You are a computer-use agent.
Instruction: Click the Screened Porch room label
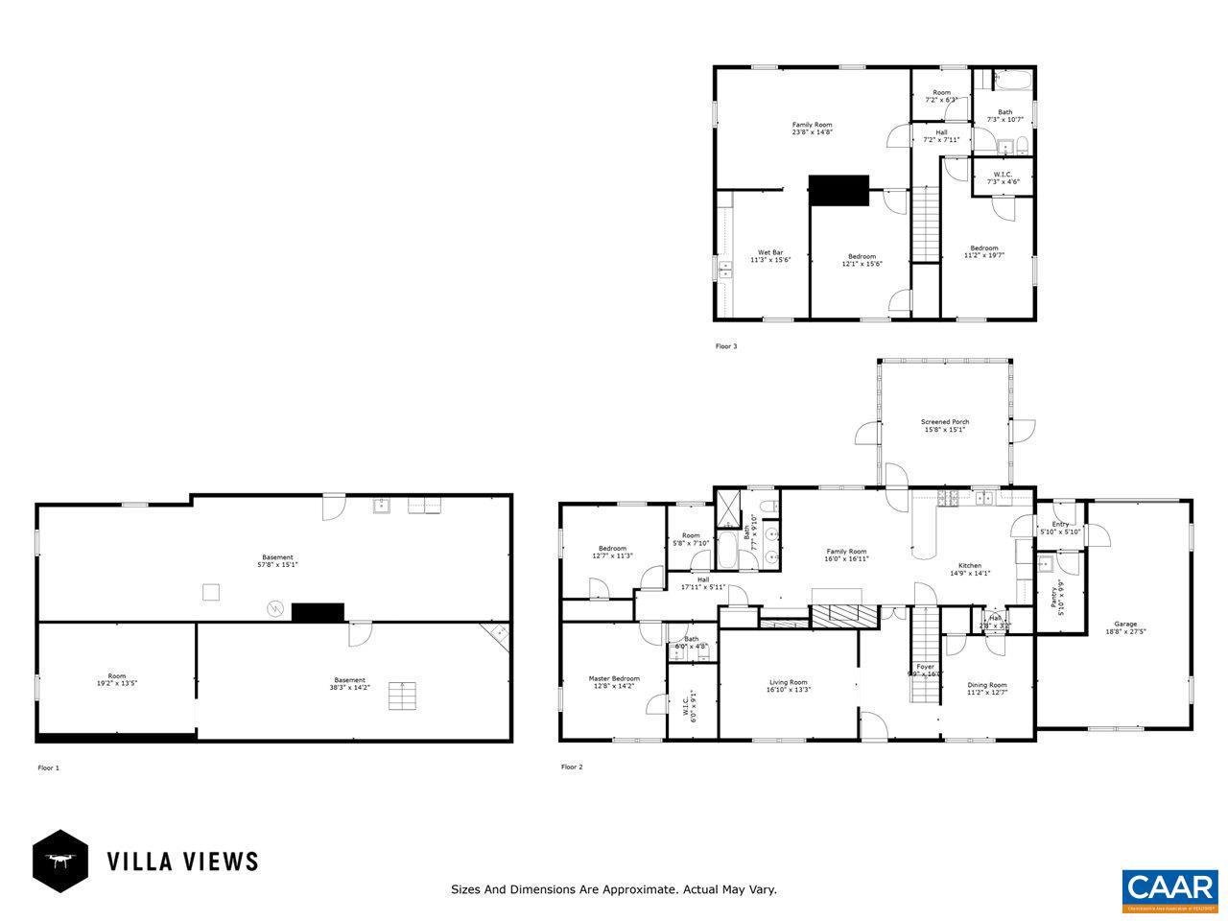(x=945, y=422)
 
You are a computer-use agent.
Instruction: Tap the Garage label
(x=1125, y=624)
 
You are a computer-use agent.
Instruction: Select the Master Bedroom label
(x=613, y=678)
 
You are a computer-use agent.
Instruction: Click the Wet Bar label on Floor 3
(x=770, y=252)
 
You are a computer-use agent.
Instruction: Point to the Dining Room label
(x=986, y=684)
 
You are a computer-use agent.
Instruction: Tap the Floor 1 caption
(x=48, y=767)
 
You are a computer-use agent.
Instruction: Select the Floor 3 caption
(x=726, y=346)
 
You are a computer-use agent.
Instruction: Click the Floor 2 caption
(x=572, y=767)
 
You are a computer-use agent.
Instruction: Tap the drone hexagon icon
(x=60, y=861)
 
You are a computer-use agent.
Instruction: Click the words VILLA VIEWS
(x=182, y=861)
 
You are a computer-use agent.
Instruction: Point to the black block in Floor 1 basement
(x=318, y=612)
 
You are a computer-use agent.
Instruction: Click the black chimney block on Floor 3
(x=838, y=190)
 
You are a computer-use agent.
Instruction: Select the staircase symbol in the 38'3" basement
(x=403, y=696)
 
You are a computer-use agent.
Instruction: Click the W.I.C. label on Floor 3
(x=1003, y=175)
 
